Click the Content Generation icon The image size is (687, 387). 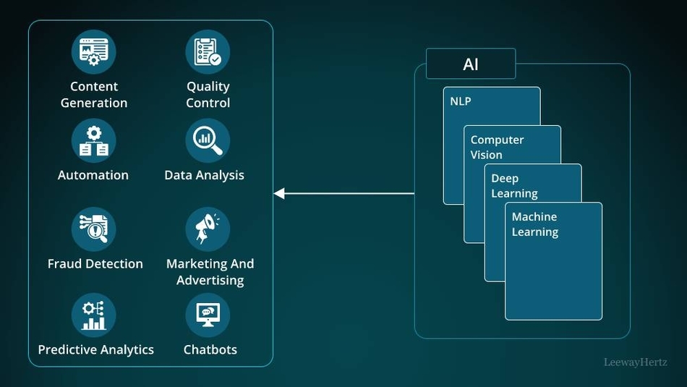(x=93, y=51)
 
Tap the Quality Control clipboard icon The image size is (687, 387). (x=208, y=51)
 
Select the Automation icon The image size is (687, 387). (x=93, y=140)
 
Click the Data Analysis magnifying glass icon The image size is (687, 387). (x=208, y=140)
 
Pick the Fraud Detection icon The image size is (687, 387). (x=93, y=229)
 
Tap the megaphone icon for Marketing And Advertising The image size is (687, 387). (x=208, y=229)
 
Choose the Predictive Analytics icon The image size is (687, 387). (x=93, y=315)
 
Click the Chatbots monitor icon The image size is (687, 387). (x=208, y=315)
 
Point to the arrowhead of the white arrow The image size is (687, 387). (x=279, y=193)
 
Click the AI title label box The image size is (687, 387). (x=470, y=64)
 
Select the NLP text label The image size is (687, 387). (x=460, y=101)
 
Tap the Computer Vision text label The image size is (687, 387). (x=497, y=147)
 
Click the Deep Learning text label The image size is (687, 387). (x=514, y=186)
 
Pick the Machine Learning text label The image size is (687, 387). (x=534, y=224)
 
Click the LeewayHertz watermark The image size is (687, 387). (x=635, y=362)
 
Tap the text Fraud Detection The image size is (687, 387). (x=95, y=264)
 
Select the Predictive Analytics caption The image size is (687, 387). (x=95, y=349)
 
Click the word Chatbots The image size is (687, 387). (x=210, y=349)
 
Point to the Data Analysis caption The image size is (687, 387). (x=204, y=175)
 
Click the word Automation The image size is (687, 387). (x=93, y=175)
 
